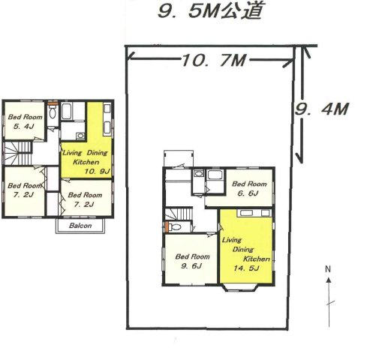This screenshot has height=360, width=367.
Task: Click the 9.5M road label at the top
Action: (211, 10)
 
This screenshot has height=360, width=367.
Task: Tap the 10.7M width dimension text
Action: (214, 60)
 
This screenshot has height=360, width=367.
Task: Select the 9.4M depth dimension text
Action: (322, 109)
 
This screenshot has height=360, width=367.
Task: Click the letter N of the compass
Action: (328, 269)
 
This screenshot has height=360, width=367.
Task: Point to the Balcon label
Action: (80, 226)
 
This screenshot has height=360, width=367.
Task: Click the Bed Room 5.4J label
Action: (25, 121)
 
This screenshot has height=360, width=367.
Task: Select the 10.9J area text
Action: (97, 172)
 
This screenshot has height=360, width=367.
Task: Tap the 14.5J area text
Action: (246, 268)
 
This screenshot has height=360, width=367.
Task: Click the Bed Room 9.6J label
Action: (192, 261)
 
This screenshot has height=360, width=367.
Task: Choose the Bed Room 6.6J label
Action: (249, 188)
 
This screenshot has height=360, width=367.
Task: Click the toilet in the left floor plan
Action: (53, 112)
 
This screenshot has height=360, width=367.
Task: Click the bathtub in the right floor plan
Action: (215, 175)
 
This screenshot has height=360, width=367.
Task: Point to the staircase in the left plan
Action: (17, 154)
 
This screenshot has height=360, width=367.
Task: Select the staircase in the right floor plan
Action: (179, 213)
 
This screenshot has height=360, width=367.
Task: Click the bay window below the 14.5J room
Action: (239, 288)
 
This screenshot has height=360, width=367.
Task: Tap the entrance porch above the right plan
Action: (179, 158)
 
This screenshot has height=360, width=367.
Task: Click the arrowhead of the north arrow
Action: (329, 280)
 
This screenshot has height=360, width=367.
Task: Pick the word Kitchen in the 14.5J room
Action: (257, 259)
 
